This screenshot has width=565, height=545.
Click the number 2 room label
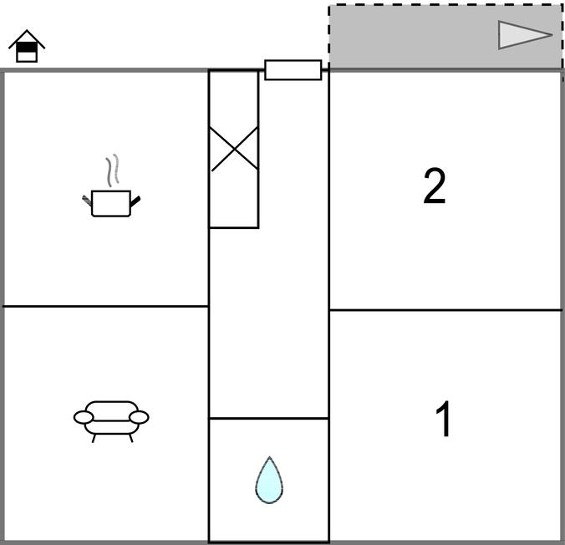(x=435, y=186)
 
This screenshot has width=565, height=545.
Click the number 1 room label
(x=443, y=419)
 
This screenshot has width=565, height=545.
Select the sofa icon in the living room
(x=111, y=421)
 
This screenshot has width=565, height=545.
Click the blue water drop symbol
(x=269, y=481)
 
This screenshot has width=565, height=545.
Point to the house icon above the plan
(x=27, y=46)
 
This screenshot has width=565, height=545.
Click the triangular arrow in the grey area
(x=525, y=35)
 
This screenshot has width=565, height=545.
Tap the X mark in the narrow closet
(x=234, y=149)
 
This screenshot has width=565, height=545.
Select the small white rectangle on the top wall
(x=293, y=70)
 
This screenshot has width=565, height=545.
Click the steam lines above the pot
(x=112, y=171)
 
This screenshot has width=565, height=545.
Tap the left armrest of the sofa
(x=84, y=417)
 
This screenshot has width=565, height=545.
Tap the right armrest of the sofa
(x=139, y=417)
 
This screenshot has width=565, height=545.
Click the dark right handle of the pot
(x=135, y=201)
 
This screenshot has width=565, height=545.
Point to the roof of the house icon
(x=27, y=39)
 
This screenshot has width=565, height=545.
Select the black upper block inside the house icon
(x=27, y=47)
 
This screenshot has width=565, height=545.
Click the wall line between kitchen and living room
(x=106, y=307)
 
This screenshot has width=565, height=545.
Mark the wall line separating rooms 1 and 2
(x=445, y=309)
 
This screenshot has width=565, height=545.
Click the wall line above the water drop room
(x=269, y=419)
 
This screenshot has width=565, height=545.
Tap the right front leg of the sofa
(x=131, y=438)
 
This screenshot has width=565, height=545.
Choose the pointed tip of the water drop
(x=269, y=457)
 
